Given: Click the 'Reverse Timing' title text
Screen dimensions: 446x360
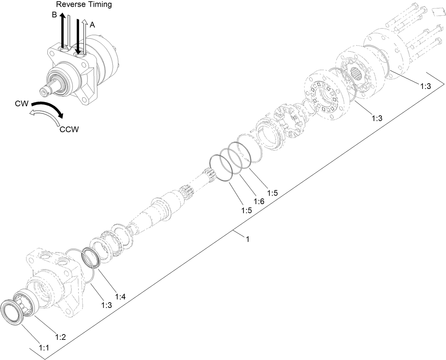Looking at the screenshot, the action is pos(84,4).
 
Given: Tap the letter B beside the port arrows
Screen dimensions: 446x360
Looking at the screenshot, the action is pos(54,15).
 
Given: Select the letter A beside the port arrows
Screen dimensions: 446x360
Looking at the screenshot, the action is pos(92,25).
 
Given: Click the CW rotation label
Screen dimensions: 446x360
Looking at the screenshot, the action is pos(22,103).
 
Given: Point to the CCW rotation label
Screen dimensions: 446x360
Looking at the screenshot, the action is pos(69,129).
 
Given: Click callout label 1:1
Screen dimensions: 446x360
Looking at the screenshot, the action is pos(44,348).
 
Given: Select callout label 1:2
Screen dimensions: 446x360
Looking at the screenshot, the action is pos(61,337).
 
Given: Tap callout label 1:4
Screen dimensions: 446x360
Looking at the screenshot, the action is pos(120,296).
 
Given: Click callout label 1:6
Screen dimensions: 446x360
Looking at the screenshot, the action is pos(259,201).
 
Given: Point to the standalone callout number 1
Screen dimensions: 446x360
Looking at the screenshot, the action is pos(248,239).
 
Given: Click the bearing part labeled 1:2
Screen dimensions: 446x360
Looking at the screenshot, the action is pos(26,302).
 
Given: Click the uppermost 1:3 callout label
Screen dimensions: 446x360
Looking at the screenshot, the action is pos(425,86).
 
